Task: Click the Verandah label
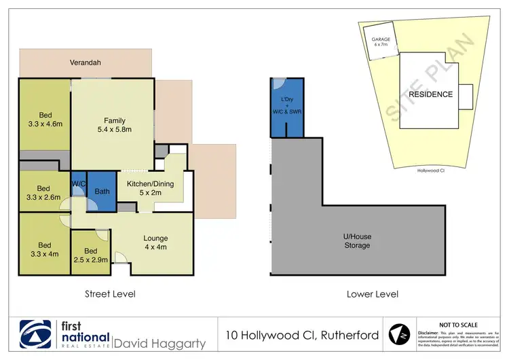(86, 62)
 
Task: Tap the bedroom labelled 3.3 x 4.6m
(44, 124)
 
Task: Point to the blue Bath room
(102, 192)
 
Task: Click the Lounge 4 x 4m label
(155, 242)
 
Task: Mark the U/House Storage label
(356, 240)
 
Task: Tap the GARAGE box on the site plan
(381, 43)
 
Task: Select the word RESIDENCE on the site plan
(430, 94)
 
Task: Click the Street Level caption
(109, 294)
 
